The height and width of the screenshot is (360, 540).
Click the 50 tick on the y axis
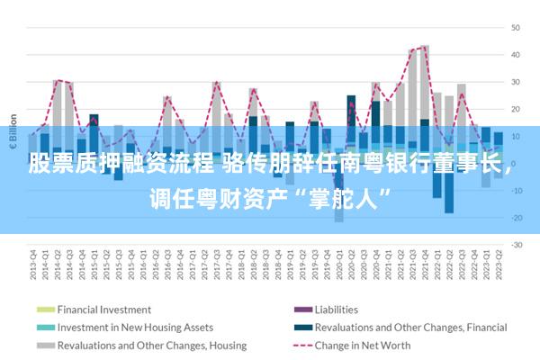(516, 27)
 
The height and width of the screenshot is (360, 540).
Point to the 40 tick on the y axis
(516, 54)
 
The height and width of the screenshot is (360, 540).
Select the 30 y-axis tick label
(516, 82)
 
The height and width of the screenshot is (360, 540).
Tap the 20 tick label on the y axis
(516, 109)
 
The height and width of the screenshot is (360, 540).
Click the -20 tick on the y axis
(516, 218)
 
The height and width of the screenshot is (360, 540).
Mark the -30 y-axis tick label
(516, 245)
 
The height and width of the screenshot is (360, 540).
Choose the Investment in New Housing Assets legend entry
(135, 328)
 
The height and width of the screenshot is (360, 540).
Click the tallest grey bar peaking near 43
(425, 81)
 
